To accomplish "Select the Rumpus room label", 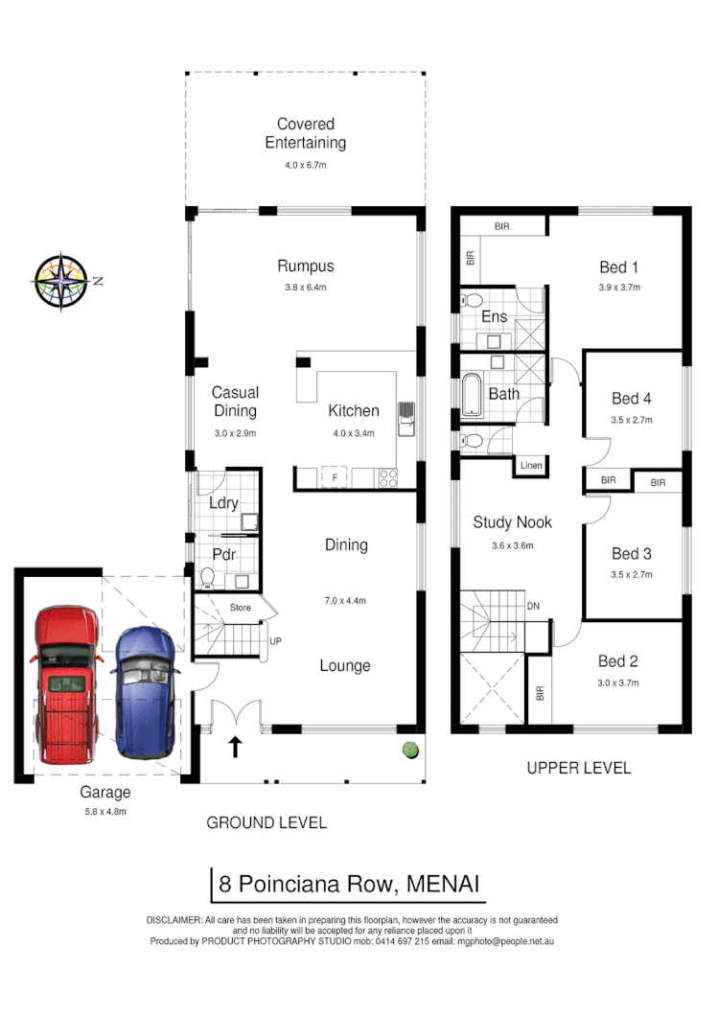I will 305,266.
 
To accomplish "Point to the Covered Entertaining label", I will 305,134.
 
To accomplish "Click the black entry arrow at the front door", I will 235,745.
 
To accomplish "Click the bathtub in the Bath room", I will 472,395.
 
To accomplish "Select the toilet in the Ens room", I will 472,303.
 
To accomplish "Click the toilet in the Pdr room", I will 208,576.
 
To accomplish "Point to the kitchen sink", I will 406,416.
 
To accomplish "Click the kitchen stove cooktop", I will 388,475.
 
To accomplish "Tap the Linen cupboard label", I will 531,466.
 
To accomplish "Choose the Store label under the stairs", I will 240,607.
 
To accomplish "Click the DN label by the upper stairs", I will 533,607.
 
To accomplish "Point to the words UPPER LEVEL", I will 579,768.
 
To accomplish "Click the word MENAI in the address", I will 444,884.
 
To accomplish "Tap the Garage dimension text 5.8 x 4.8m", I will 105,811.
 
